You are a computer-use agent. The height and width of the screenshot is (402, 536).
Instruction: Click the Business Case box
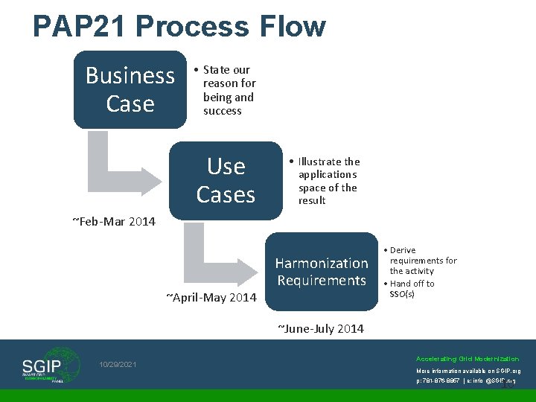coord(130,89)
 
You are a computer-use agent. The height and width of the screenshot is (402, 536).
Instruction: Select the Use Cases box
coord(226,180)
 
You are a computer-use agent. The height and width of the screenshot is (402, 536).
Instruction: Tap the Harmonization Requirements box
coord(322,272)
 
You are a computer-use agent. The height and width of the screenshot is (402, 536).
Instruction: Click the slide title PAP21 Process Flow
coord(179,26)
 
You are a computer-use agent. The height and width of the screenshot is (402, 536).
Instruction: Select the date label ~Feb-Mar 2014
coord(113,221)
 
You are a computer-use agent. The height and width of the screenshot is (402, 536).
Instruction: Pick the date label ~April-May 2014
coord(211,298)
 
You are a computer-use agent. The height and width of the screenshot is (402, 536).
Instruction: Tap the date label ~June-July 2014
coord(321,328)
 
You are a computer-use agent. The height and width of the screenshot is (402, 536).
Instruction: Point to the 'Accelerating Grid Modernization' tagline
coord(468,358)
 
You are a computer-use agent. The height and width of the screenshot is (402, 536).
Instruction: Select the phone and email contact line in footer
coord(466,380)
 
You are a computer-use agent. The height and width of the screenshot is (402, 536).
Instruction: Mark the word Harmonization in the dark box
coord(322,263)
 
